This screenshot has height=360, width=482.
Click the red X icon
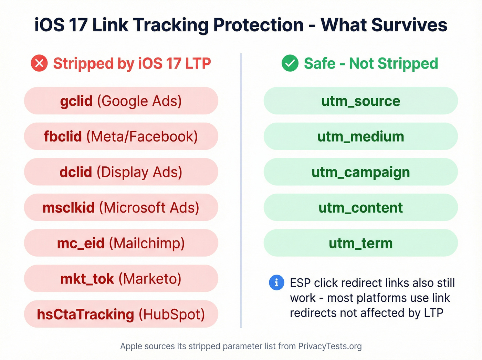coord(39,63)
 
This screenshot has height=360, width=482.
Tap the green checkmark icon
coord(290,63)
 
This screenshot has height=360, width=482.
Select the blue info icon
coord(276,283)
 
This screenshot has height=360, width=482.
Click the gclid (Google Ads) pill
coord(121,101)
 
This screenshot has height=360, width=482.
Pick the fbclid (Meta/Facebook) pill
coord(121,136)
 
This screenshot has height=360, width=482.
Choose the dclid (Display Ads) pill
coord(121,172)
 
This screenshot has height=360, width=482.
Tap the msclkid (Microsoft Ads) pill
coord(121,207)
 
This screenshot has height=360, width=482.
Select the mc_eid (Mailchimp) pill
coord(121,243)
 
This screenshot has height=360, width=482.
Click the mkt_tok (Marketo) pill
coord(121,279)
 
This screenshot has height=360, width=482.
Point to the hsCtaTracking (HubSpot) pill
coord(121,314)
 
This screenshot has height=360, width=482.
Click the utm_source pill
coord(360,101)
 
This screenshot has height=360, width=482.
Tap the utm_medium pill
coord(360,136)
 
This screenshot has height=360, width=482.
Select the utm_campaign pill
coord(360,172)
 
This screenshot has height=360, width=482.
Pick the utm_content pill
coord(360,207)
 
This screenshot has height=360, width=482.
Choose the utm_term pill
coord(360,243)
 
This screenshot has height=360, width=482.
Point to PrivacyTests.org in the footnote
coord(330,346)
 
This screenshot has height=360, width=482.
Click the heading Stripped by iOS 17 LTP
coord(132,64)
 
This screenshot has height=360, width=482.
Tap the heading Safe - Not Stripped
coord(371,64)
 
